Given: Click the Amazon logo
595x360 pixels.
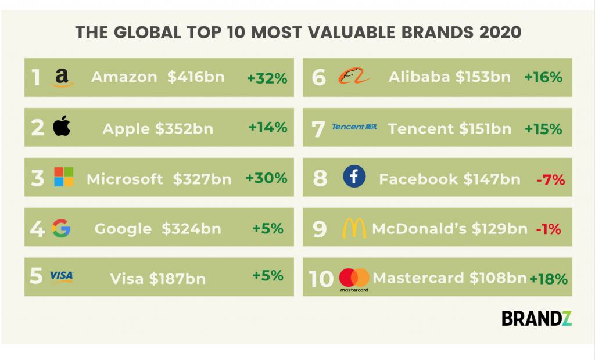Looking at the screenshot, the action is (x=62, y=78).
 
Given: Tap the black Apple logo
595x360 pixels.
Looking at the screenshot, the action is (x=62, y=125).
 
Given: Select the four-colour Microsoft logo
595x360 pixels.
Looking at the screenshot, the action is (x=64, y=177).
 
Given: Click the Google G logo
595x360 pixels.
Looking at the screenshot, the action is (x=61, y=228).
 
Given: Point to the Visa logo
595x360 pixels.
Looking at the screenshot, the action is (x=62, y=276).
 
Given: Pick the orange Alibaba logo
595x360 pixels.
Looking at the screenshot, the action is (x=354, y=76).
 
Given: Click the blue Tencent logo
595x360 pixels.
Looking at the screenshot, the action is (x=354, y=127).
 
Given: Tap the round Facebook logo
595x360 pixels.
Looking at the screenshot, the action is (x=354, y=177).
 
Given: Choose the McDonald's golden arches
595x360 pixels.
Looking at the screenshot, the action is (x=354, y=228).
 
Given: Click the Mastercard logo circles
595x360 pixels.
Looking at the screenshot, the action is (x=354, y=278).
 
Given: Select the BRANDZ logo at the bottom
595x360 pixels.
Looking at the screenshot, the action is (x=536, y=318).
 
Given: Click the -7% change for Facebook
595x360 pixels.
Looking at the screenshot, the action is (x=551, y=179).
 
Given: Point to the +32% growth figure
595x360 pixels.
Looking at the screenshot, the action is (x=267, y=78).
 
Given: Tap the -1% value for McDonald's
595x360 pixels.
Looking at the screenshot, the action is (x=549, y=229).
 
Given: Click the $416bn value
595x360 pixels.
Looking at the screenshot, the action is (x=196, y=77).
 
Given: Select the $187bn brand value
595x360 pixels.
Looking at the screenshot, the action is (x=177, y=279).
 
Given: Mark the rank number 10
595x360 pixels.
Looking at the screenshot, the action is (x=321, y=279).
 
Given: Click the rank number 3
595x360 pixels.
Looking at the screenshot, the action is (x=38, y=178).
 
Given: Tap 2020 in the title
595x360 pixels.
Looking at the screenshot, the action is (x=500, y=33).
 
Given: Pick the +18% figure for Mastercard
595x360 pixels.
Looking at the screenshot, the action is (x=549, y=279).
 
